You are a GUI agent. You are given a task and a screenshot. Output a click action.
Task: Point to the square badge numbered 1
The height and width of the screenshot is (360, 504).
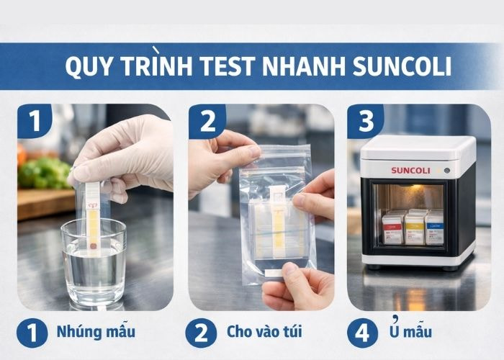point(35,120)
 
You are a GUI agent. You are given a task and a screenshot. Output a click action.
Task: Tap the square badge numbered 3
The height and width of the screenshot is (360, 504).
point(366,120)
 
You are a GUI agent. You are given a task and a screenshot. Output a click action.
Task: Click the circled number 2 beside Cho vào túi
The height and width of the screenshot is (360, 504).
point(201,333)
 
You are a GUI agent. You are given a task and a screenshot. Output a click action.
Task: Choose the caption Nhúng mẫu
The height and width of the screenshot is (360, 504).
point(95,333)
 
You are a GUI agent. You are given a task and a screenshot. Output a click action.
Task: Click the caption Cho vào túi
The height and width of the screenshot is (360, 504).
point(264,333)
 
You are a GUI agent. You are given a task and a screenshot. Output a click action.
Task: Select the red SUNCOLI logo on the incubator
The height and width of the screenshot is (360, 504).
point(410,171)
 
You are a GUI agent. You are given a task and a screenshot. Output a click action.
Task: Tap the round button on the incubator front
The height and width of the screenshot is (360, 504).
point(446,171)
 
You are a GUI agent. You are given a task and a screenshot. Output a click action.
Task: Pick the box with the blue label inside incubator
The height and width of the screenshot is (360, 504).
point(436,228)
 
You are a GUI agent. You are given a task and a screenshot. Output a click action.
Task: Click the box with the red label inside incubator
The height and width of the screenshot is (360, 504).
point(393,229)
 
